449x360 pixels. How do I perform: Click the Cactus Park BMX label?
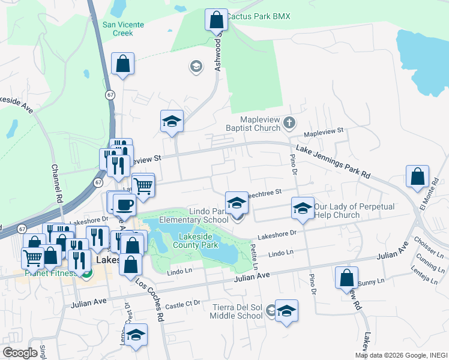(x=258, y=16)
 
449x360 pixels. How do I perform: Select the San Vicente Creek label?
(x=123, y=29)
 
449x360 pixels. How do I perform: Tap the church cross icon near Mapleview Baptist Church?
(x=289, y=124)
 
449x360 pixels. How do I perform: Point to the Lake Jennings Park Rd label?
(x=332, y=161)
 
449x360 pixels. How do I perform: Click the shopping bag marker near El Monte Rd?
(x=417, y=176)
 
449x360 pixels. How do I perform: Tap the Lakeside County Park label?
(x=196, y=240)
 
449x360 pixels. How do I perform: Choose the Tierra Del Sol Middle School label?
(x=238, y=311)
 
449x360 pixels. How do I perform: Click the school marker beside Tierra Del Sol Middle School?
(x=287, y=311)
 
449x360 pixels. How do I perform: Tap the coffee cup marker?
(x=124, y=205)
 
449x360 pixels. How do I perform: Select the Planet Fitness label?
(x=51, y=273)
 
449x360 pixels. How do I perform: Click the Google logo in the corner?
(x=20, y=353)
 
